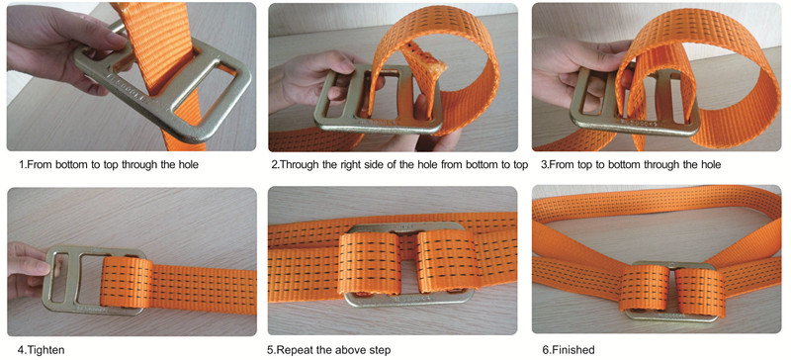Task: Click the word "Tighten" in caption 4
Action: [45, 349]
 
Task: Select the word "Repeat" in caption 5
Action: [295, 349]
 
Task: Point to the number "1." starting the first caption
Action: [22, 164]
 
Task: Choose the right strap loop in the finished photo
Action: [700, 292]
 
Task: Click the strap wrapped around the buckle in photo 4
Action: [127, 283]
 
